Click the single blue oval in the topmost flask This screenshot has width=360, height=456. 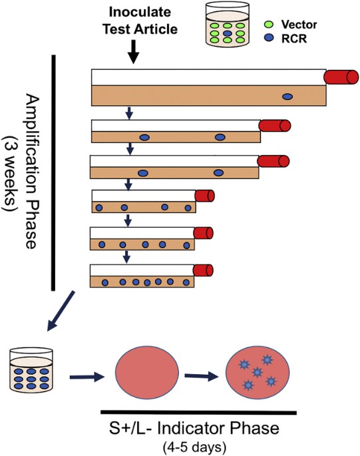pyautogui.click(x=287, y=97)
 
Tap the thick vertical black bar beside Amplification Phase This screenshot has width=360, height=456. pyautogui.click(x=53, y=174)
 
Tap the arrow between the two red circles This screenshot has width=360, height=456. pyautogui.click(x=202, y=377)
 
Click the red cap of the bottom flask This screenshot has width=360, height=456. pyautogui.click(x=204, y=272)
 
